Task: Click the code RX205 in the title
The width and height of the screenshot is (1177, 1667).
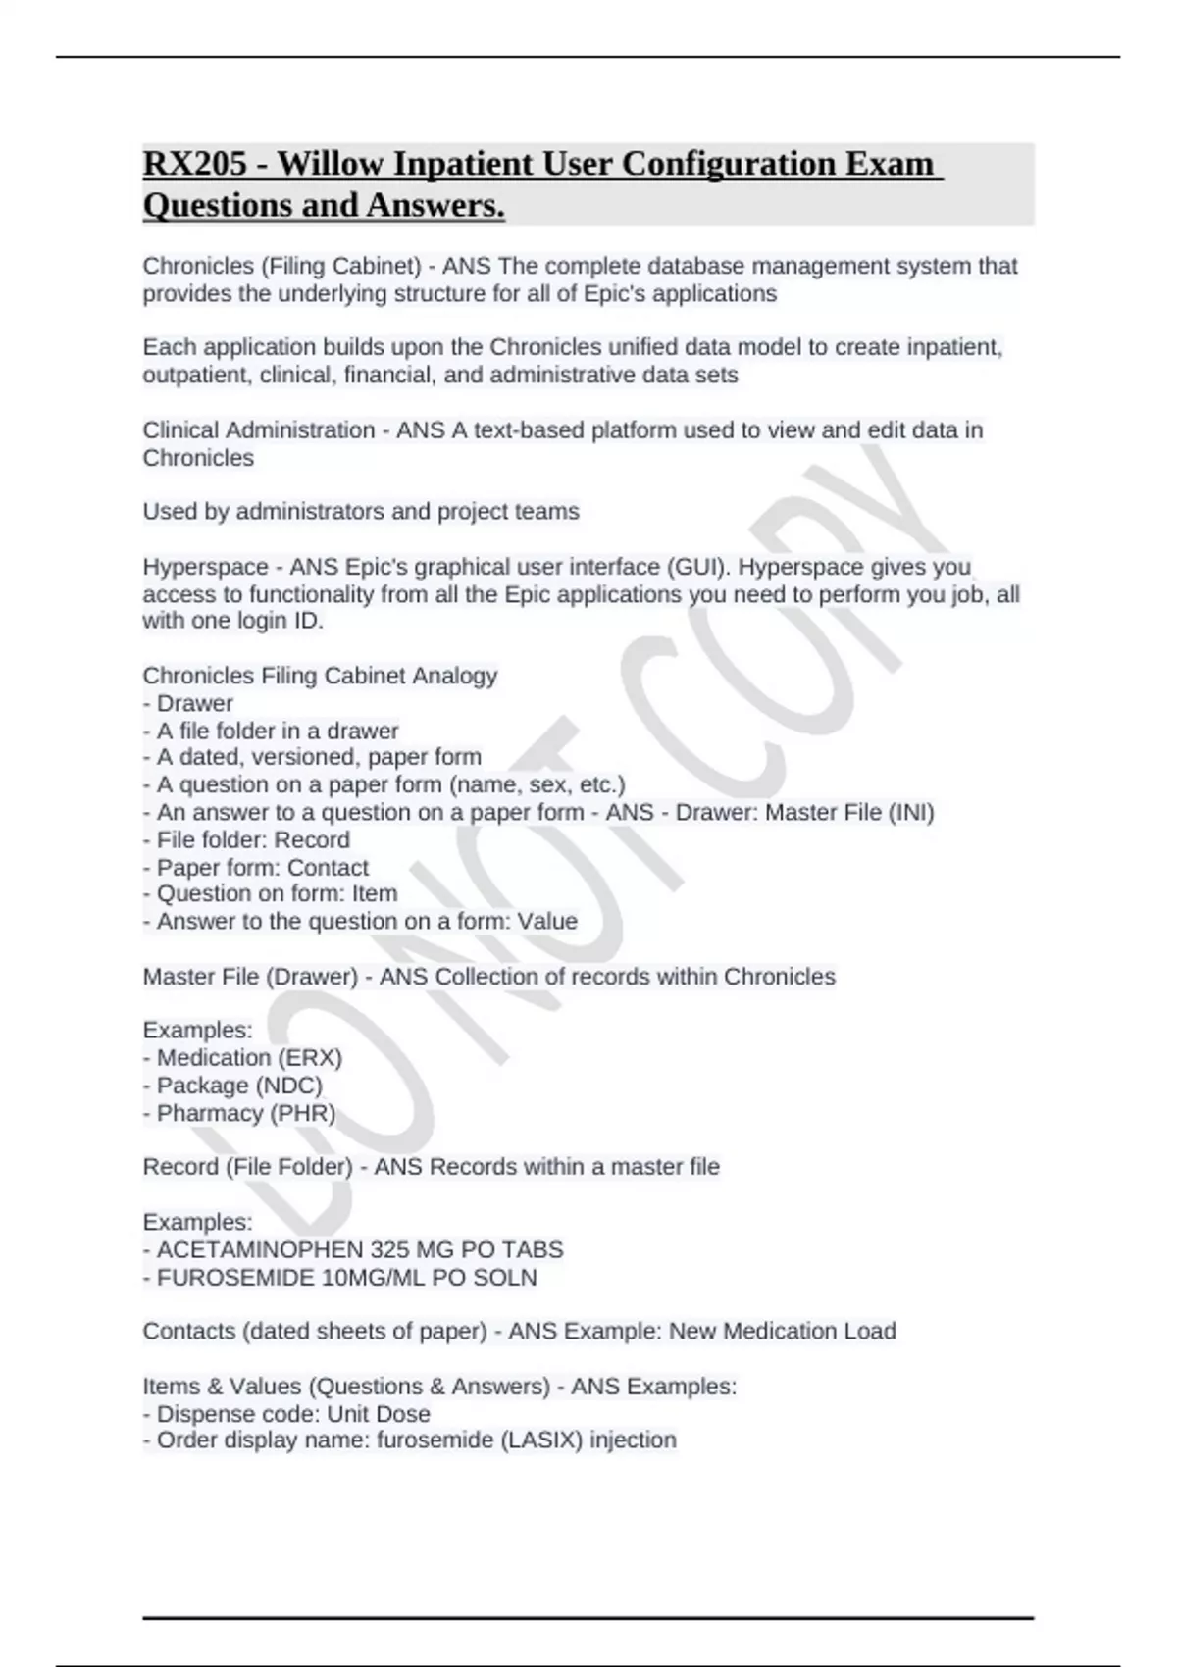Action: [x=194, y=163]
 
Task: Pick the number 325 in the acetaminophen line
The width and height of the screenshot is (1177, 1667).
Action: [x=390, y=1249]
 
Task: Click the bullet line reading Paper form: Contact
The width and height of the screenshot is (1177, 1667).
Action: [x=262, y=867]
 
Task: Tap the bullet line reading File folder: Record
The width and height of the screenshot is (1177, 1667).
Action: [x=252, y=839]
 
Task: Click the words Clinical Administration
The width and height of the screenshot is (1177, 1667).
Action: [x=259, y=429]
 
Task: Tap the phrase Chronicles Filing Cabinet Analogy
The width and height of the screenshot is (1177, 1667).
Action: [x=320, y=676]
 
